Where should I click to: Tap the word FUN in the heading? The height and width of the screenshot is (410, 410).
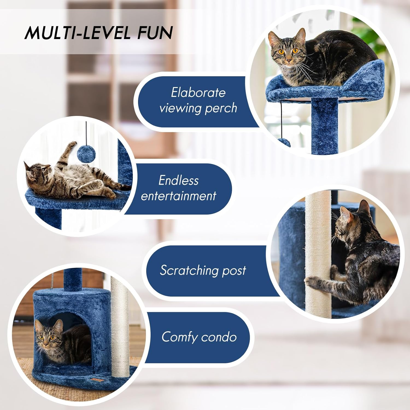point(155,33)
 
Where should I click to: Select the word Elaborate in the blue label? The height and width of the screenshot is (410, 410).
point(198,93)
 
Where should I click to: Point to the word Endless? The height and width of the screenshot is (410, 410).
point(178,180)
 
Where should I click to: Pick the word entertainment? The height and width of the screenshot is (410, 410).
point(178,196)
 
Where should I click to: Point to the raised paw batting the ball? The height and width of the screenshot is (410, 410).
point(72,144)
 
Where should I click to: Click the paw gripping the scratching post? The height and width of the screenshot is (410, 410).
point(311,280)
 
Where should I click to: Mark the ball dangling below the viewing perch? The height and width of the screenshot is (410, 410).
point(284,142)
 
